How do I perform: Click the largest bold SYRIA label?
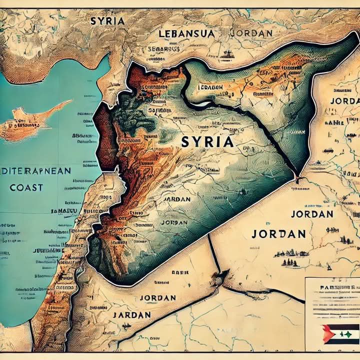click(207, 141)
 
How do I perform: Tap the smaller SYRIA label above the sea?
click(107, 21)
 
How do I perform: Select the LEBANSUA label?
click(187, 34)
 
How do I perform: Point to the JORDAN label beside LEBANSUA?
click(251, 33)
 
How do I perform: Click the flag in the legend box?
click(340, 333)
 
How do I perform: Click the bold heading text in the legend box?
click(332, 288)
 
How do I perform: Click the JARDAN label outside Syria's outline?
click(131, 315)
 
